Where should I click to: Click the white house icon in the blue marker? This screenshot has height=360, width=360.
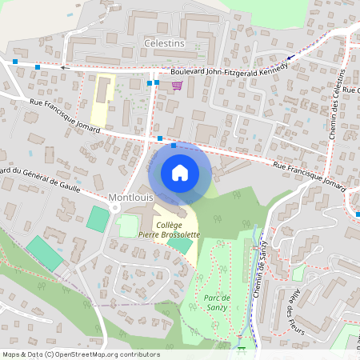click(179, 172)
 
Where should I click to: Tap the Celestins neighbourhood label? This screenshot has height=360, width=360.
click(164, 42)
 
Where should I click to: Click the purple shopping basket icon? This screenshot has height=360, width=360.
click(176, 85)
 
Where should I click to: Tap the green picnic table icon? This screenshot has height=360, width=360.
click(241, 346)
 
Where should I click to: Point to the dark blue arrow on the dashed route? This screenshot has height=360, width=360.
click(290, 57)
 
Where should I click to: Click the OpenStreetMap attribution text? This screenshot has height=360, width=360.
click(80, 354)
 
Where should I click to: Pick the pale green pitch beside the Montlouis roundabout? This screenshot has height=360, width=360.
click(128, 226)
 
